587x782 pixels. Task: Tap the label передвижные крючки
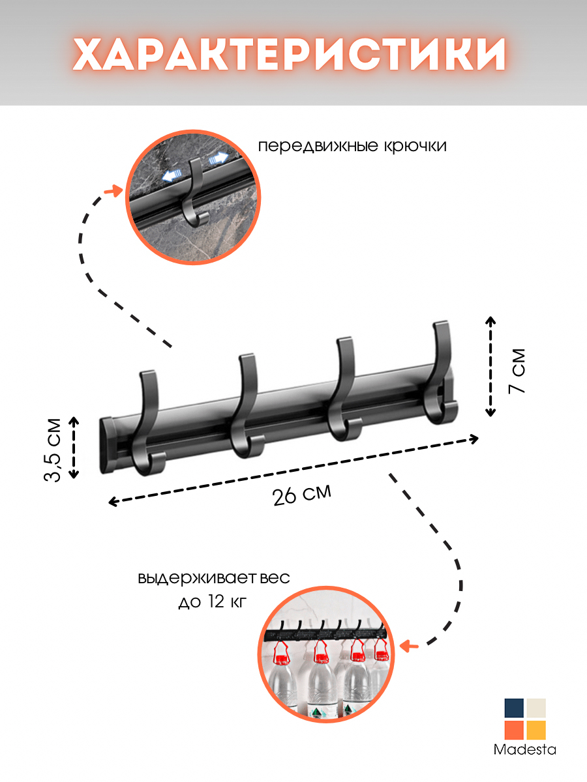pyautogui.click(x=352, y=145)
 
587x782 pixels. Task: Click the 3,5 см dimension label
pyautogui.click(x=53, y=449)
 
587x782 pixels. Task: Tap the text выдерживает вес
pyautogui.click(x=213, y=579)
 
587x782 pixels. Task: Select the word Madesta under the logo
pyautogui.click(x=525, y=749)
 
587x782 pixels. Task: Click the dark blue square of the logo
pyautogui.click(x=514, y=708)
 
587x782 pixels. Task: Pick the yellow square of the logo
pyautogui.click(x=536, y=730)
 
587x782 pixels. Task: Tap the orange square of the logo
pyautogui.click(x=514, y=730)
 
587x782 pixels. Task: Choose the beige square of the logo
pyautogui.click(x=536, y=708)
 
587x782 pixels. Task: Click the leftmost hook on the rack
pyautogui.click(x=149, y=424)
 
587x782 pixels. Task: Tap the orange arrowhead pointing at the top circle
pyautogui.click(x=117, y=190)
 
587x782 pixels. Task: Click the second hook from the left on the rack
pyautogui.click(x=247, y=407)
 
